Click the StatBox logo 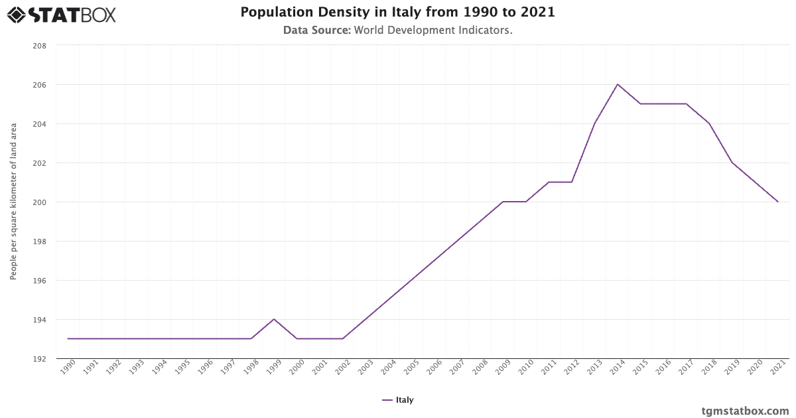click(61, 15)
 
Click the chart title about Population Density click(397, 12)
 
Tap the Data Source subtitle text click(397, 30)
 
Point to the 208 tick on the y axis click(39, 46)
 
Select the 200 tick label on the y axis click(39, 202)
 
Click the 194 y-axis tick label click(39, 320)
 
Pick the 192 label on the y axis click(39, 359)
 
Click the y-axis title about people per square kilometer click(13, 201)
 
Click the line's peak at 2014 click(618, 84)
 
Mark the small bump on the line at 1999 click(274, 319)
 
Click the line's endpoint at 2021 click(777, 202)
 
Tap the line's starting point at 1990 click(68, 338)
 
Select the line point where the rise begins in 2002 click(343, 338)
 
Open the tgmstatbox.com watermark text click(745, 411)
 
